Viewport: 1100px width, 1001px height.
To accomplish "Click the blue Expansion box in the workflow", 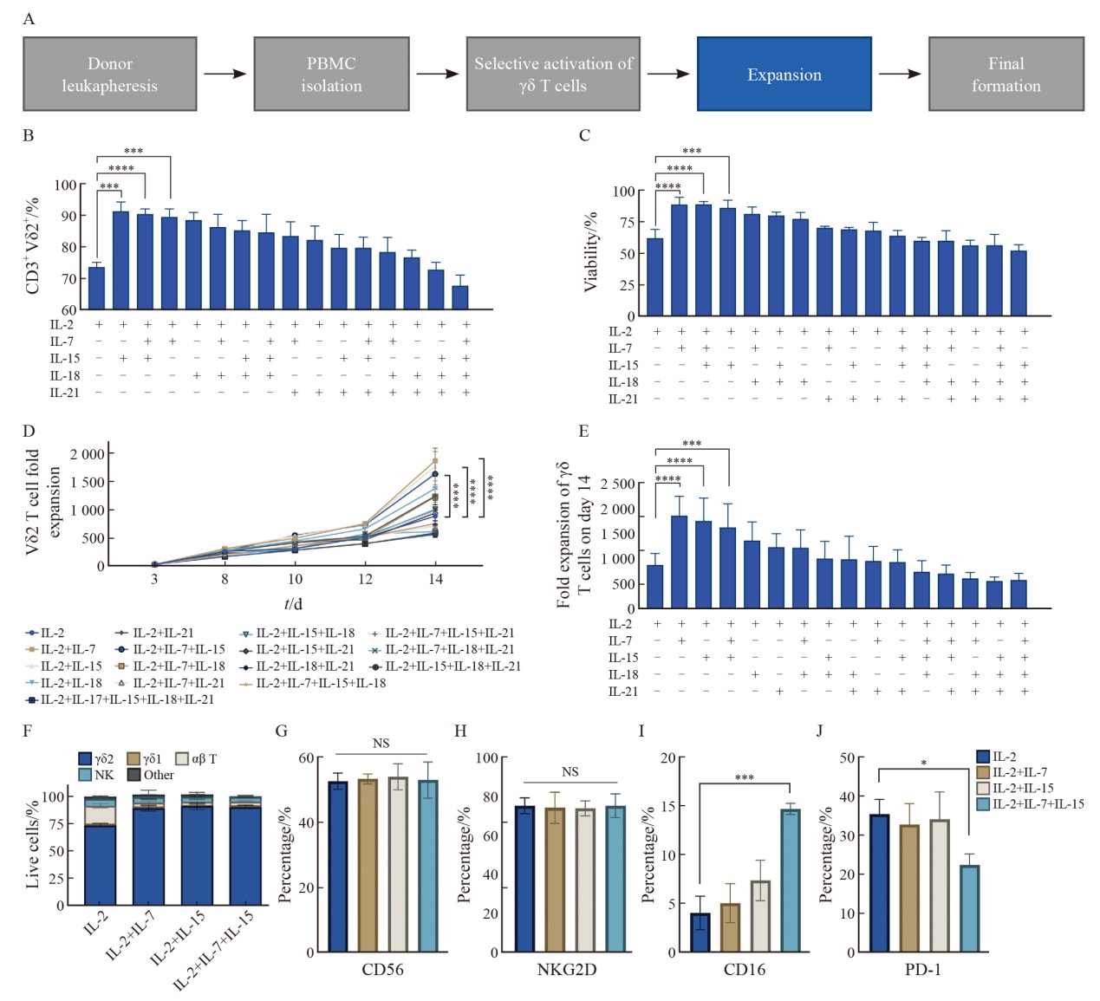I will [x=784, y=75].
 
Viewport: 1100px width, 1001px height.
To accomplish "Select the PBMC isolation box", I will [x=331, y=75].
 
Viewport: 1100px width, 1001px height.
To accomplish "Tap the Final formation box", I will [x=1006, y=75].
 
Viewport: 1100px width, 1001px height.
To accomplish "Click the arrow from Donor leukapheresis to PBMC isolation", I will [x=225, y=75].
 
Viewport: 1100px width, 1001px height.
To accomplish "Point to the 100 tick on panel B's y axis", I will [x=65, y=185].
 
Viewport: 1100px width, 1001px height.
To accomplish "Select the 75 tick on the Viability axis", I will [x=623, y=223].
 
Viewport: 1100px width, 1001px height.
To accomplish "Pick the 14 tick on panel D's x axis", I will [x=435, y=579].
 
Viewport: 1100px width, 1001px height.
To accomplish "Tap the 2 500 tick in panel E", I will [x=617, y=484].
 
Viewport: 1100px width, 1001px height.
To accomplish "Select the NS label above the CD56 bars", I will [x=381, y=744].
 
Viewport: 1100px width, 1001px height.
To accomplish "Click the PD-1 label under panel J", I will [x=922, y=970].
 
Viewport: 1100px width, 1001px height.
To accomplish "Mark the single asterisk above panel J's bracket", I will [x=924, y=764].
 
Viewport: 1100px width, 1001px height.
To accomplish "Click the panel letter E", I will [x=583, y=431].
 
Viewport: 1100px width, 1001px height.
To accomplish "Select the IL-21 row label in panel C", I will [x=623, y=400].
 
